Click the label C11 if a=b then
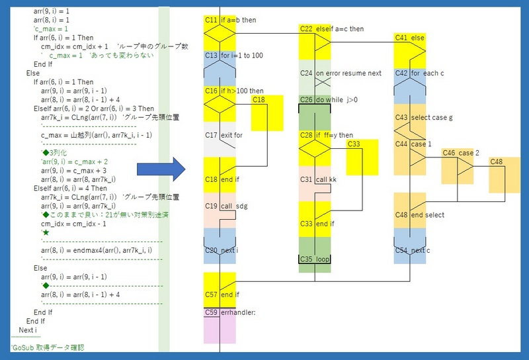[x=230, y=21]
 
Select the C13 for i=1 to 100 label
[x=233, y=56]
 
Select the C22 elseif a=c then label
[x=331, y=29]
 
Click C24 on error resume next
[x=340, y=73]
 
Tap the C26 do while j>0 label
[x=329, y=100]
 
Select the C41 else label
[x=409, y=38]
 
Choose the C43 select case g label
[x=424, y=117]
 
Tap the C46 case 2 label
[x=458, y=153]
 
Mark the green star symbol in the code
[x=46, y=233]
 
